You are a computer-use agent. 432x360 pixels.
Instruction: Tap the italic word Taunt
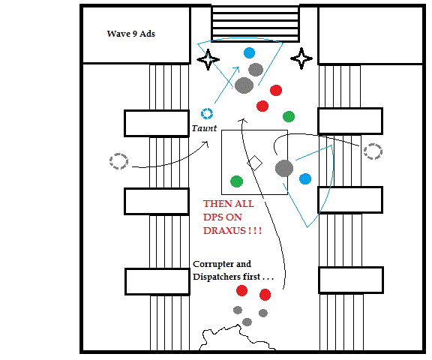[204, 128]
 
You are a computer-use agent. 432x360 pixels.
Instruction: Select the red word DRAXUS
[224, 230]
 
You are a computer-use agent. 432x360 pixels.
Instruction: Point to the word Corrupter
[213, 264]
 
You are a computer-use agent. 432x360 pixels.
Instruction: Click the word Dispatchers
[217, 277]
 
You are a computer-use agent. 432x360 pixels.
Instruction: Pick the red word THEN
[216, 204]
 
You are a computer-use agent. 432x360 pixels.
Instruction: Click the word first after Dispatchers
[251, 277]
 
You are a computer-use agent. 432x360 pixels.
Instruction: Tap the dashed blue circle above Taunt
[207, 113]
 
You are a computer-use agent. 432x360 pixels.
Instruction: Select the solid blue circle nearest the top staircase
[249, 53]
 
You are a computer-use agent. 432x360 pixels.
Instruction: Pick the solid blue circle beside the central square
[305, 178]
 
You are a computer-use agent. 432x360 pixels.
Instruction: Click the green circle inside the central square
[237, 181]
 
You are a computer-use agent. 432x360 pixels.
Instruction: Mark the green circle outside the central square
[289, 116]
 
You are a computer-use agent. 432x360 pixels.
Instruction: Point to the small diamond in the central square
[254, 163]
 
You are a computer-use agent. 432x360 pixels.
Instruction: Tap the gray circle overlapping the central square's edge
[284, 168]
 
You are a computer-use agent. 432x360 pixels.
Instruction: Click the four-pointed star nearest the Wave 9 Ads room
[208, 59]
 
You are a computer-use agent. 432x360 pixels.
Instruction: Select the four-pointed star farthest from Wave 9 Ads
[301, 58]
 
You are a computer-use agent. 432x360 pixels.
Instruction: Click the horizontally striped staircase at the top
[255, 24]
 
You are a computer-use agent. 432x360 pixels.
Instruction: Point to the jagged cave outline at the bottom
[237, 337]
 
